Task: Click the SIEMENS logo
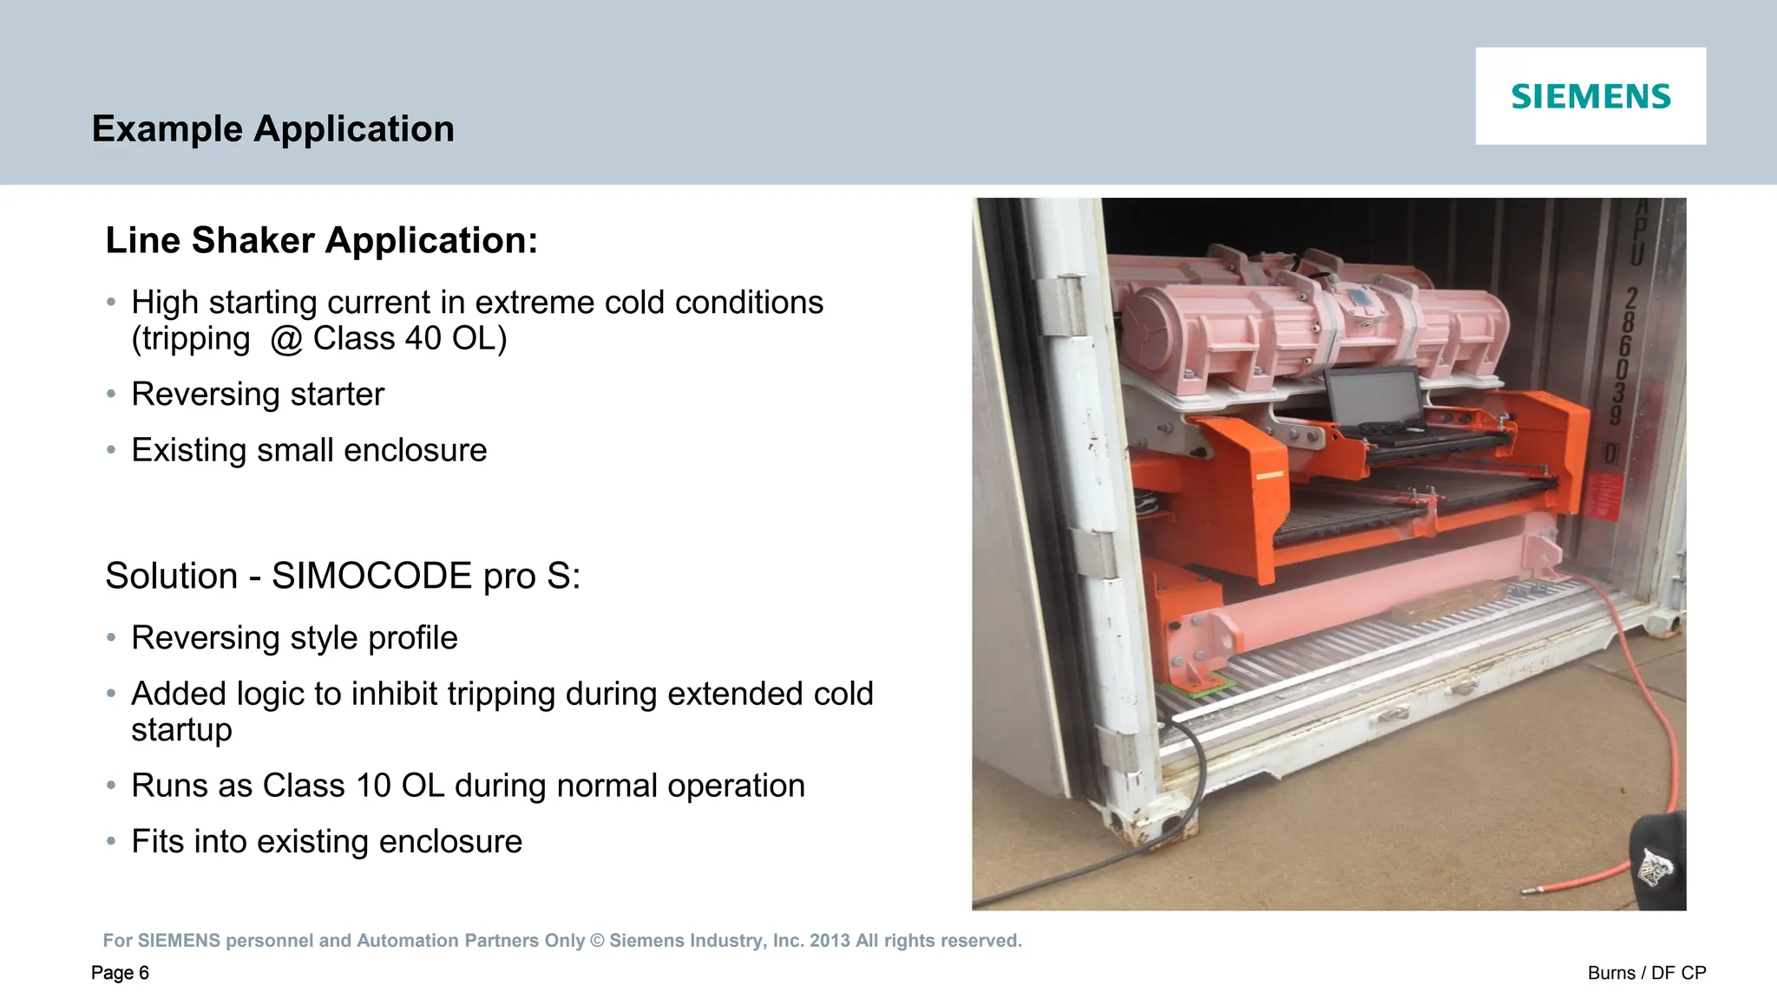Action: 1590,96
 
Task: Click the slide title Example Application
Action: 272,129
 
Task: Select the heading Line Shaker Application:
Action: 321,240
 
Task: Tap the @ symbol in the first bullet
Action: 286,339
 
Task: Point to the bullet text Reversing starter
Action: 257,395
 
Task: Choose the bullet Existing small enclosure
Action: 309,451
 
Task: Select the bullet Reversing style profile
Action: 294,638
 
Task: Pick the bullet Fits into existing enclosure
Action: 326,842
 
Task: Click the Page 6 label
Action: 120,973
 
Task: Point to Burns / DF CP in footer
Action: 1646,973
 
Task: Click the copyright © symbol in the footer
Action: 597,941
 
